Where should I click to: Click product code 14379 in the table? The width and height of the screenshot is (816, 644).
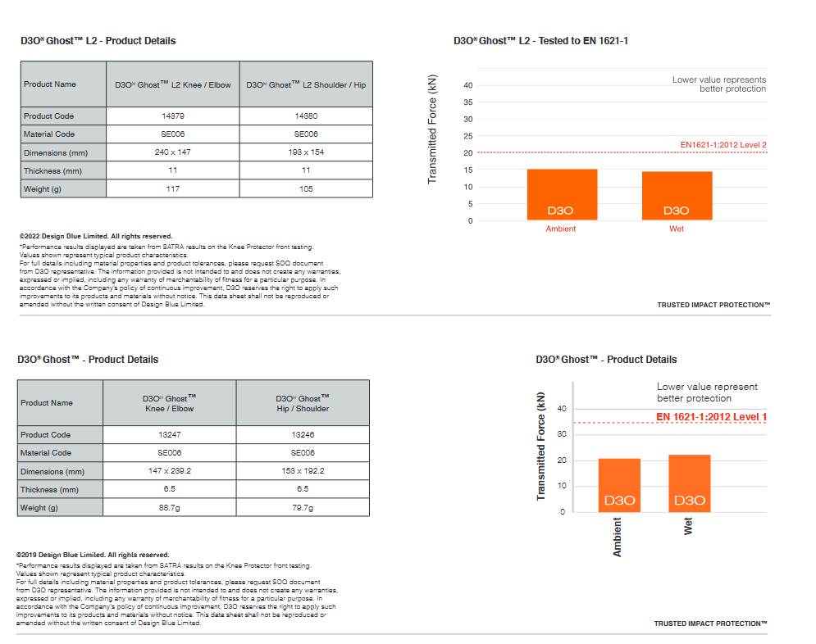tap(172, 116)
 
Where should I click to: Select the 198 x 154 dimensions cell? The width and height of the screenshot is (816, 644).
tap(306, 152)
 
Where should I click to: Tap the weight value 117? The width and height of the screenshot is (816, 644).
tap(172, 189)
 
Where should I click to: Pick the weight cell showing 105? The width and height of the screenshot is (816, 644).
tap(306, 189)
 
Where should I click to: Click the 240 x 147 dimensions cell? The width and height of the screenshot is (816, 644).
tap(172, 152)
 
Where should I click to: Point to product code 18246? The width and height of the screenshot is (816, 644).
tap(303, 435)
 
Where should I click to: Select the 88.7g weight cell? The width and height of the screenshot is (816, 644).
tap(169, 508)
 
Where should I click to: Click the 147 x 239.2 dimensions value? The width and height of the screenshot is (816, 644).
tap(169, 471)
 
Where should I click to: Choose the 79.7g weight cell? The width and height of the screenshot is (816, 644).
tap(303, 508)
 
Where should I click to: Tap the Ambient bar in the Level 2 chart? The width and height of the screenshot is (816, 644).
tap(562, 194)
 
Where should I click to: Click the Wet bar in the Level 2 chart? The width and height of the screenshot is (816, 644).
tap(677, 196)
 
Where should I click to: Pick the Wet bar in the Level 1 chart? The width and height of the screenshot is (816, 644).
tap(689, 483)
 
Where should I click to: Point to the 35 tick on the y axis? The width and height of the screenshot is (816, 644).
tap(468, 102)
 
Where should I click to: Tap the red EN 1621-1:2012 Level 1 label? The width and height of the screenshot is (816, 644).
tap(711, 417)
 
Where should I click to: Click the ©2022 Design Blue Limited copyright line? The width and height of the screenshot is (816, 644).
tap(96, 236)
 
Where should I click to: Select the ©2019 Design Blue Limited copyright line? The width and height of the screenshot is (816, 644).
tap(93, 555)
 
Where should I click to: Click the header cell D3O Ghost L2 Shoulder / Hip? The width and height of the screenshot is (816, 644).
tap(306, 84)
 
